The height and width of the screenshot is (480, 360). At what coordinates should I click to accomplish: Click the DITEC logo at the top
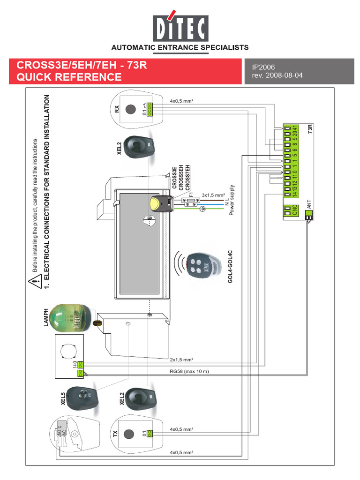pyautogui.click(x=180, y=28)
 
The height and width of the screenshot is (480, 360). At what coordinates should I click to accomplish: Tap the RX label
pyautogui.click(x=117, y=109)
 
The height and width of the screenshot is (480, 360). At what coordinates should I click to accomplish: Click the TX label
pyautogui.click(x=115, y=434)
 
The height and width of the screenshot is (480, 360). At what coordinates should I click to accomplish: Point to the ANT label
pyautogui.click(x=308, y=204)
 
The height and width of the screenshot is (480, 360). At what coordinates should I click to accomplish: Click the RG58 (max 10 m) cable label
pyautogui.click(x=189, y=372)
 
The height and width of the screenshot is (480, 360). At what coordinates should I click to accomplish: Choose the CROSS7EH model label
pyautogui.click(x=187, y=177)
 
